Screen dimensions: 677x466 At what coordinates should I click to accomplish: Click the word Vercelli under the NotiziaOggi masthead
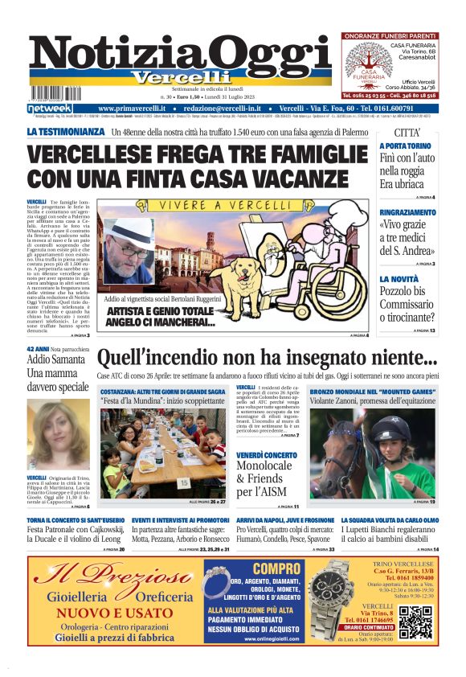click(x=186, y=77)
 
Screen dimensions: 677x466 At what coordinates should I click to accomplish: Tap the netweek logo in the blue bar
click(x=50, y=109)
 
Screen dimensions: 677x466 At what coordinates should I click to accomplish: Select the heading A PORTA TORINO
click(x=405, y=146)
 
